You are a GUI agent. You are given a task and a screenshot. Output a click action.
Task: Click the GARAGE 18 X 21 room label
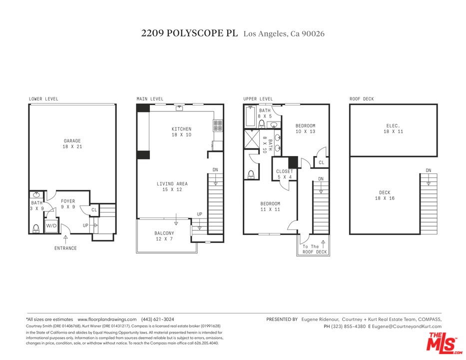(72, 144)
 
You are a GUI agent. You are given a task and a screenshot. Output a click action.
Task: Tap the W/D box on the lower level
(51, 225)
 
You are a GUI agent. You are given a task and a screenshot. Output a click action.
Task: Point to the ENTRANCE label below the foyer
(65, 248)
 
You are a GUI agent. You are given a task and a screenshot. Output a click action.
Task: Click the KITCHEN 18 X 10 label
(181, 132)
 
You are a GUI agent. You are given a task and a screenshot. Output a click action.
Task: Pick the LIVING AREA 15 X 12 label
(172, 186)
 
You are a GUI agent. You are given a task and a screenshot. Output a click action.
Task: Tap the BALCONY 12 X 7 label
(164, 236)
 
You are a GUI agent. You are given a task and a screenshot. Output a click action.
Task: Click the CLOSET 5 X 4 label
(285, 174)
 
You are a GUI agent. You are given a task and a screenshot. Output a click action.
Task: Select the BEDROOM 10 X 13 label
(305, 128)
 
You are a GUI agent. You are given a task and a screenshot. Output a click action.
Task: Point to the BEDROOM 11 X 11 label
(270, 206)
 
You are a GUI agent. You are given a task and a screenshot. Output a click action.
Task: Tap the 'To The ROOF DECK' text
(315, 249)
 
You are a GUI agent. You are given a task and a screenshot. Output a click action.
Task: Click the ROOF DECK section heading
(362, 99)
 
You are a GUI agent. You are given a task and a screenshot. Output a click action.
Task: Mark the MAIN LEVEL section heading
(150, 99)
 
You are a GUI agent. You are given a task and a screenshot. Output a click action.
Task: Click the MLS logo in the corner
(442, 342)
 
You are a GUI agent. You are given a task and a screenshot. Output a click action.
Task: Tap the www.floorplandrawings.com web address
(107, 319)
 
